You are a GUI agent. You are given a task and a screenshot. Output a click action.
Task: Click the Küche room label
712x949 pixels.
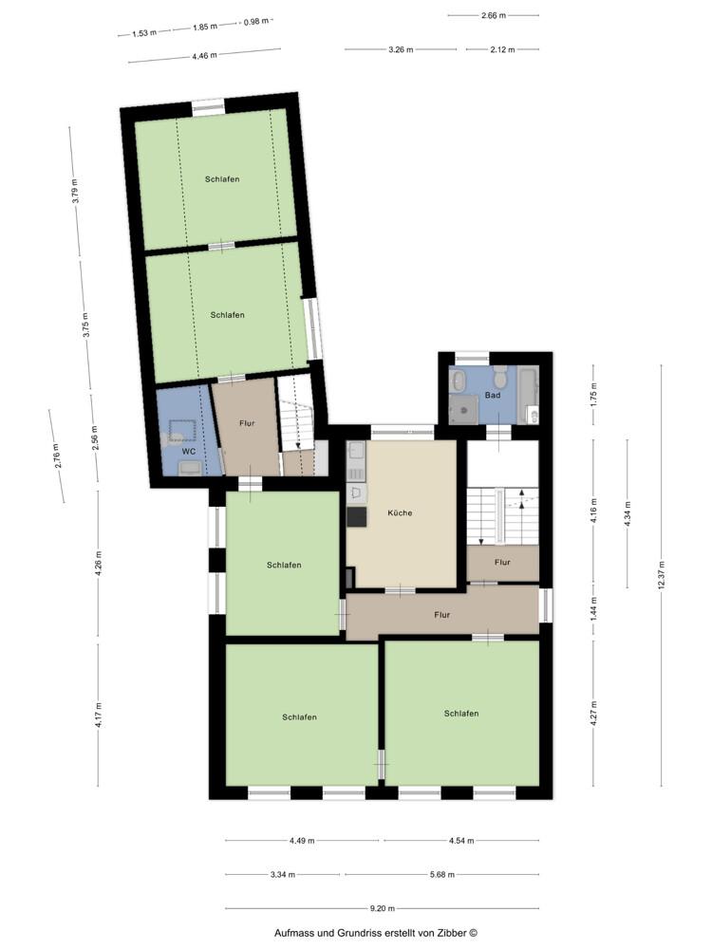[x=400, y=512]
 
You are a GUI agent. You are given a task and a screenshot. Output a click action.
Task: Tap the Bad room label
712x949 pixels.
[x=492, y=394]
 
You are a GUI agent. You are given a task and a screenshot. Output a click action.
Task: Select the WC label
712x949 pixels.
[x=189, y=451]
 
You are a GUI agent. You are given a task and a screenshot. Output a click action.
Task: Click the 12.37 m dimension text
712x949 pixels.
[x=662, y=579]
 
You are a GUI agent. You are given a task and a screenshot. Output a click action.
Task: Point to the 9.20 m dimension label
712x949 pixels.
[x=383, y=908]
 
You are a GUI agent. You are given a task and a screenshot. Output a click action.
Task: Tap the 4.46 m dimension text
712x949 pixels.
[x=204, y=56]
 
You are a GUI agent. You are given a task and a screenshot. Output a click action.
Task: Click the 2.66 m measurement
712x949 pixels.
[x=494, y=15]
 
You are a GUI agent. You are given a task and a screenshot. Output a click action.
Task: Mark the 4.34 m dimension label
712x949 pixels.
[x=628, y=526]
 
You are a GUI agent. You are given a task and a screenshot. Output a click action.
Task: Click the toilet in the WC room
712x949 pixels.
[x=177, y=436]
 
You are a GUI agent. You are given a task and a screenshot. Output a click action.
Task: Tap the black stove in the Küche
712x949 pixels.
[x=357, y=516]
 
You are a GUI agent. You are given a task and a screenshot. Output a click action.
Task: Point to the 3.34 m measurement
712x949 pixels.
[x=283, y=874]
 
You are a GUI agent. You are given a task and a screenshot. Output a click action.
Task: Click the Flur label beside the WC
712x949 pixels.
[x=247, y=423]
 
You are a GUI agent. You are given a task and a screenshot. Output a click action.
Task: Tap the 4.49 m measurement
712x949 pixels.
[x=302, y=840]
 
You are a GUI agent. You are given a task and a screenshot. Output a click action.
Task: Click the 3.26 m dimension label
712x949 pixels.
[x=401, y=49]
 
